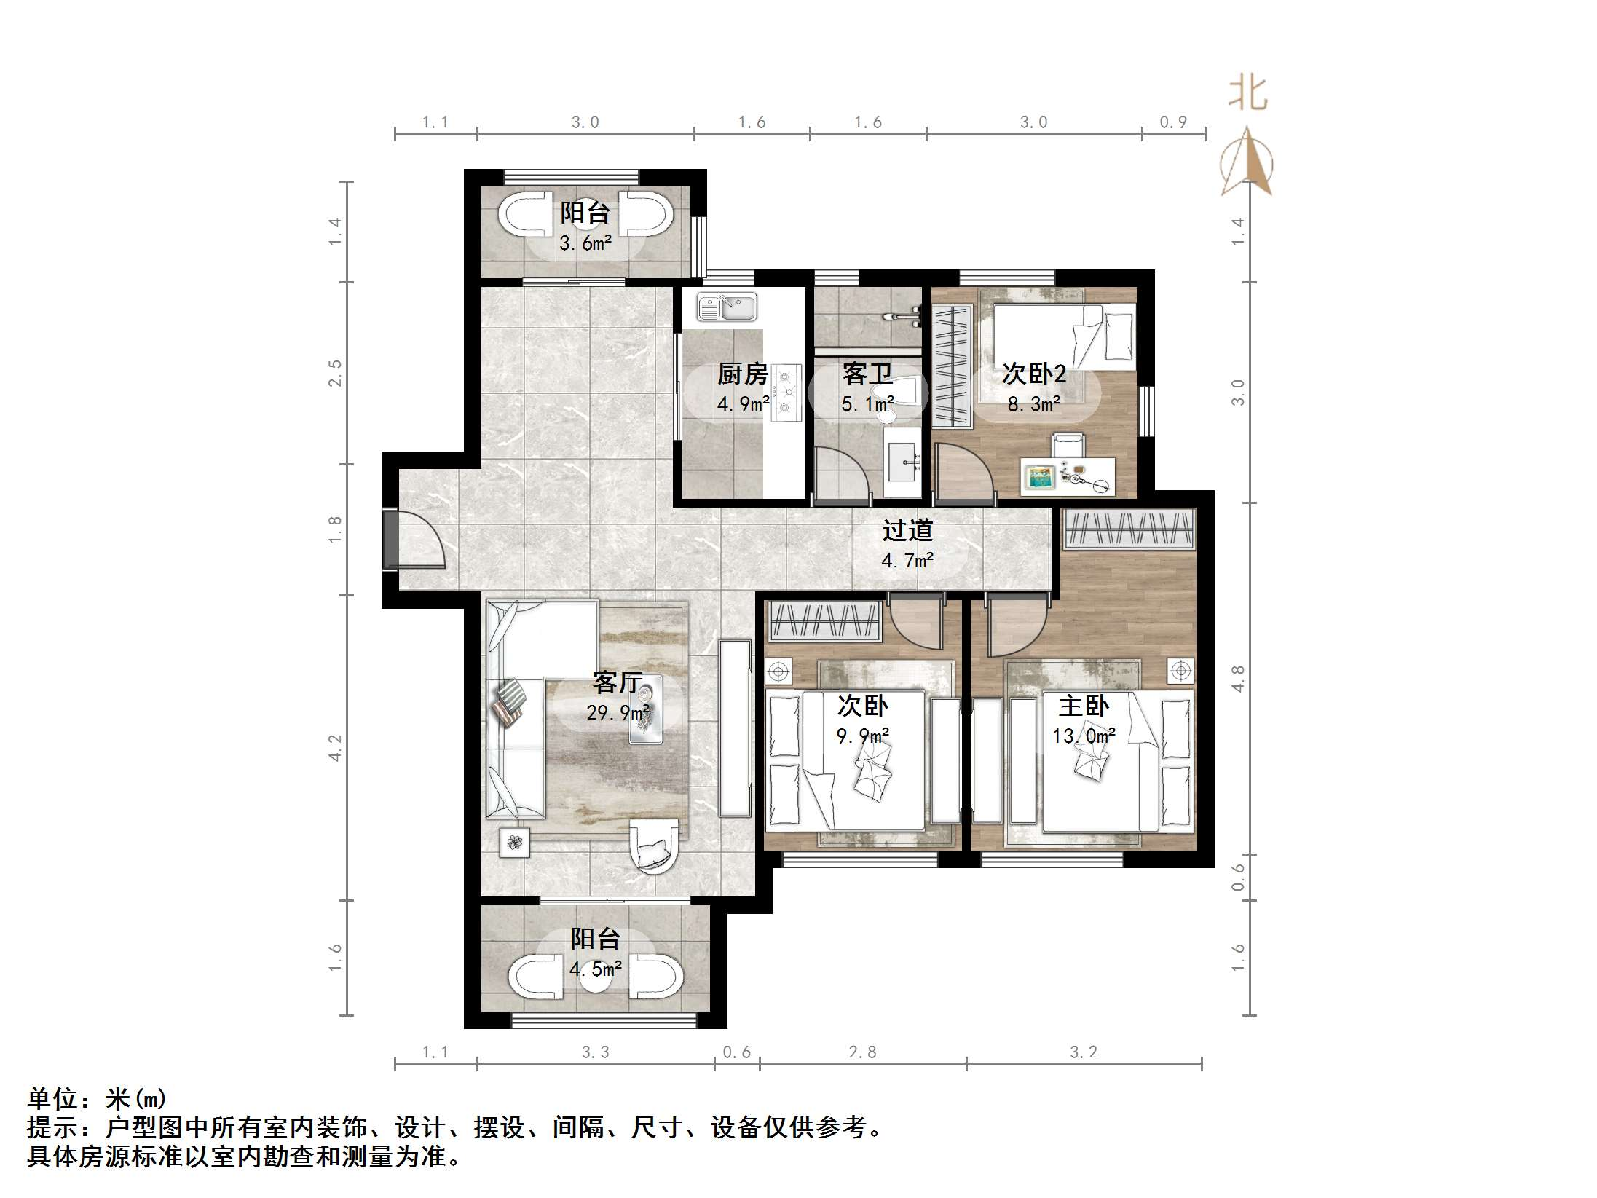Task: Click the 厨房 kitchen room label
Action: pos(742,374)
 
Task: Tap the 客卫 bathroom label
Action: pos(867,374)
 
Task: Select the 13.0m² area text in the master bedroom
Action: pos(1083,736)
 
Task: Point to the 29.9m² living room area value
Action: pos(618,712)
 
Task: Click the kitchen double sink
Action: pos(726,307)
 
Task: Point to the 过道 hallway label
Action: pos(907,530)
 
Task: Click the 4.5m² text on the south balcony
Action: pos(595,969)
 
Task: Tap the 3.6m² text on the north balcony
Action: pos(585,243)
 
